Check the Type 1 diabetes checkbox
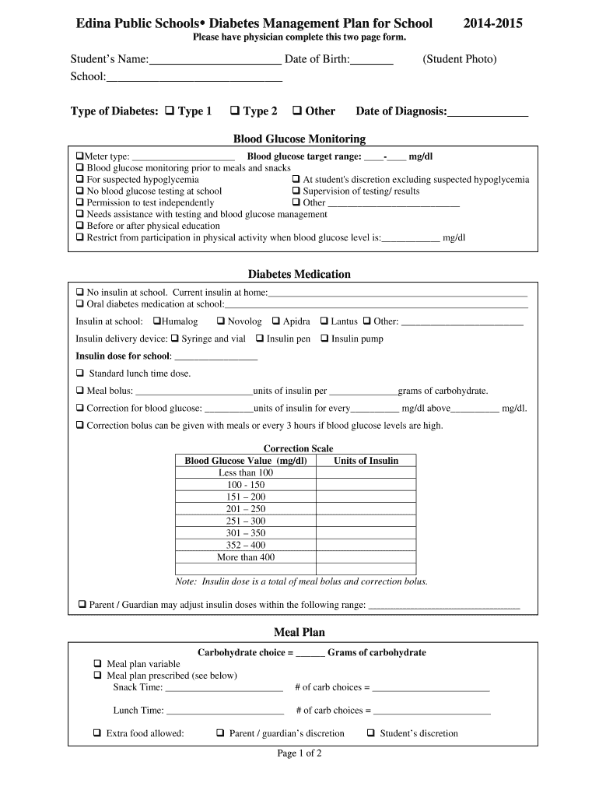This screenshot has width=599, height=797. pos(170,111)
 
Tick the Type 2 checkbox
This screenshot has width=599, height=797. pos(235,111)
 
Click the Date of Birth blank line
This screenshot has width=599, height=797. pos(372,60)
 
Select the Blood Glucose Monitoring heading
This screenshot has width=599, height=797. pos(299,139)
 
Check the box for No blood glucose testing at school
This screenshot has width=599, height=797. pos(80,191)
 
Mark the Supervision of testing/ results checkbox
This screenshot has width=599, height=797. pos(296,191)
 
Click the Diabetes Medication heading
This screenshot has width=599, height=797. pos(299,274)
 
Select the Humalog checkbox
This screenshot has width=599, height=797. pos(157,321)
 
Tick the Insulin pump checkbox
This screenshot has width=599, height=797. pos(324,339)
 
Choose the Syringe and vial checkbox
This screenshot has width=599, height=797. pos(175,339)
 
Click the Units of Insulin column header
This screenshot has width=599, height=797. pos(366,461)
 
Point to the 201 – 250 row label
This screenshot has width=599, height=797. pos(246,509)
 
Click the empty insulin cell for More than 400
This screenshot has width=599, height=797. pos(366,557)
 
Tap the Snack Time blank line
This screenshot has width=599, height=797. pos(224,688)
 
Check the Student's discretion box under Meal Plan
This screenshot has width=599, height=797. pos(371,733)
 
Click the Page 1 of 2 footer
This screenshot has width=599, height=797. pos(299,753)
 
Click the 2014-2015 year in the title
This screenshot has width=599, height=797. pos(493,23)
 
